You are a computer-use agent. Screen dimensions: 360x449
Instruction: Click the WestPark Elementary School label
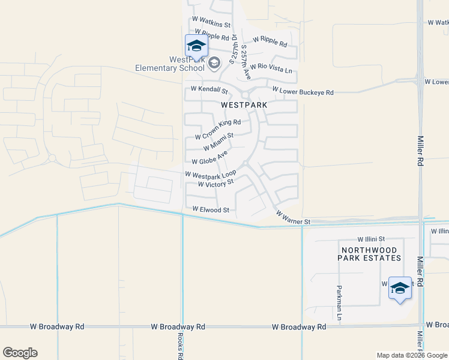coord(169,64)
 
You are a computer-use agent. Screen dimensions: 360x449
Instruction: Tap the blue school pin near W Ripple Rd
coord(196,46)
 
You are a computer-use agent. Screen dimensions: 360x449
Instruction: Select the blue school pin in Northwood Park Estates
coord(400,289)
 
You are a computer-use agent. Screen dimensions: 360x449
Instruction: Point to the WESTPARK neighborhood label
coord(244,104)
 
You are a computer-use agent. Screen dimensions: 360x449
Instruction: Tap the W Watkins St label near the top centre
coord(210,24)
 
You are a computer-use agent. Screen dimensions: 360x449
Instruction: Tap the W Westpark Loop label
coord(210,175)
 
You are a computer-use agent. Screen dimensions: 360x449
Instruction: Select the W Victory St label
coord(211,184)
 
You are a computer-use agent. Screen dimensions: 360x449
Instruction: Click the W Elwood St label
coord(211,210)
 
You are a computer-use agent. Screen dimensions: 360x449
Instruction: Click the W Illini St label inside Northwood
coord(370,238)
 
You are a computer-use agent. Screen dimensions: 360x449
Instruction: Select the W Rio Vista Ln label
coord(271,68)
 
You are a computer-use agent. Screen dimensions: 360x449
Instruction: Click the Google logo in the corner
coord(20,353)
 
